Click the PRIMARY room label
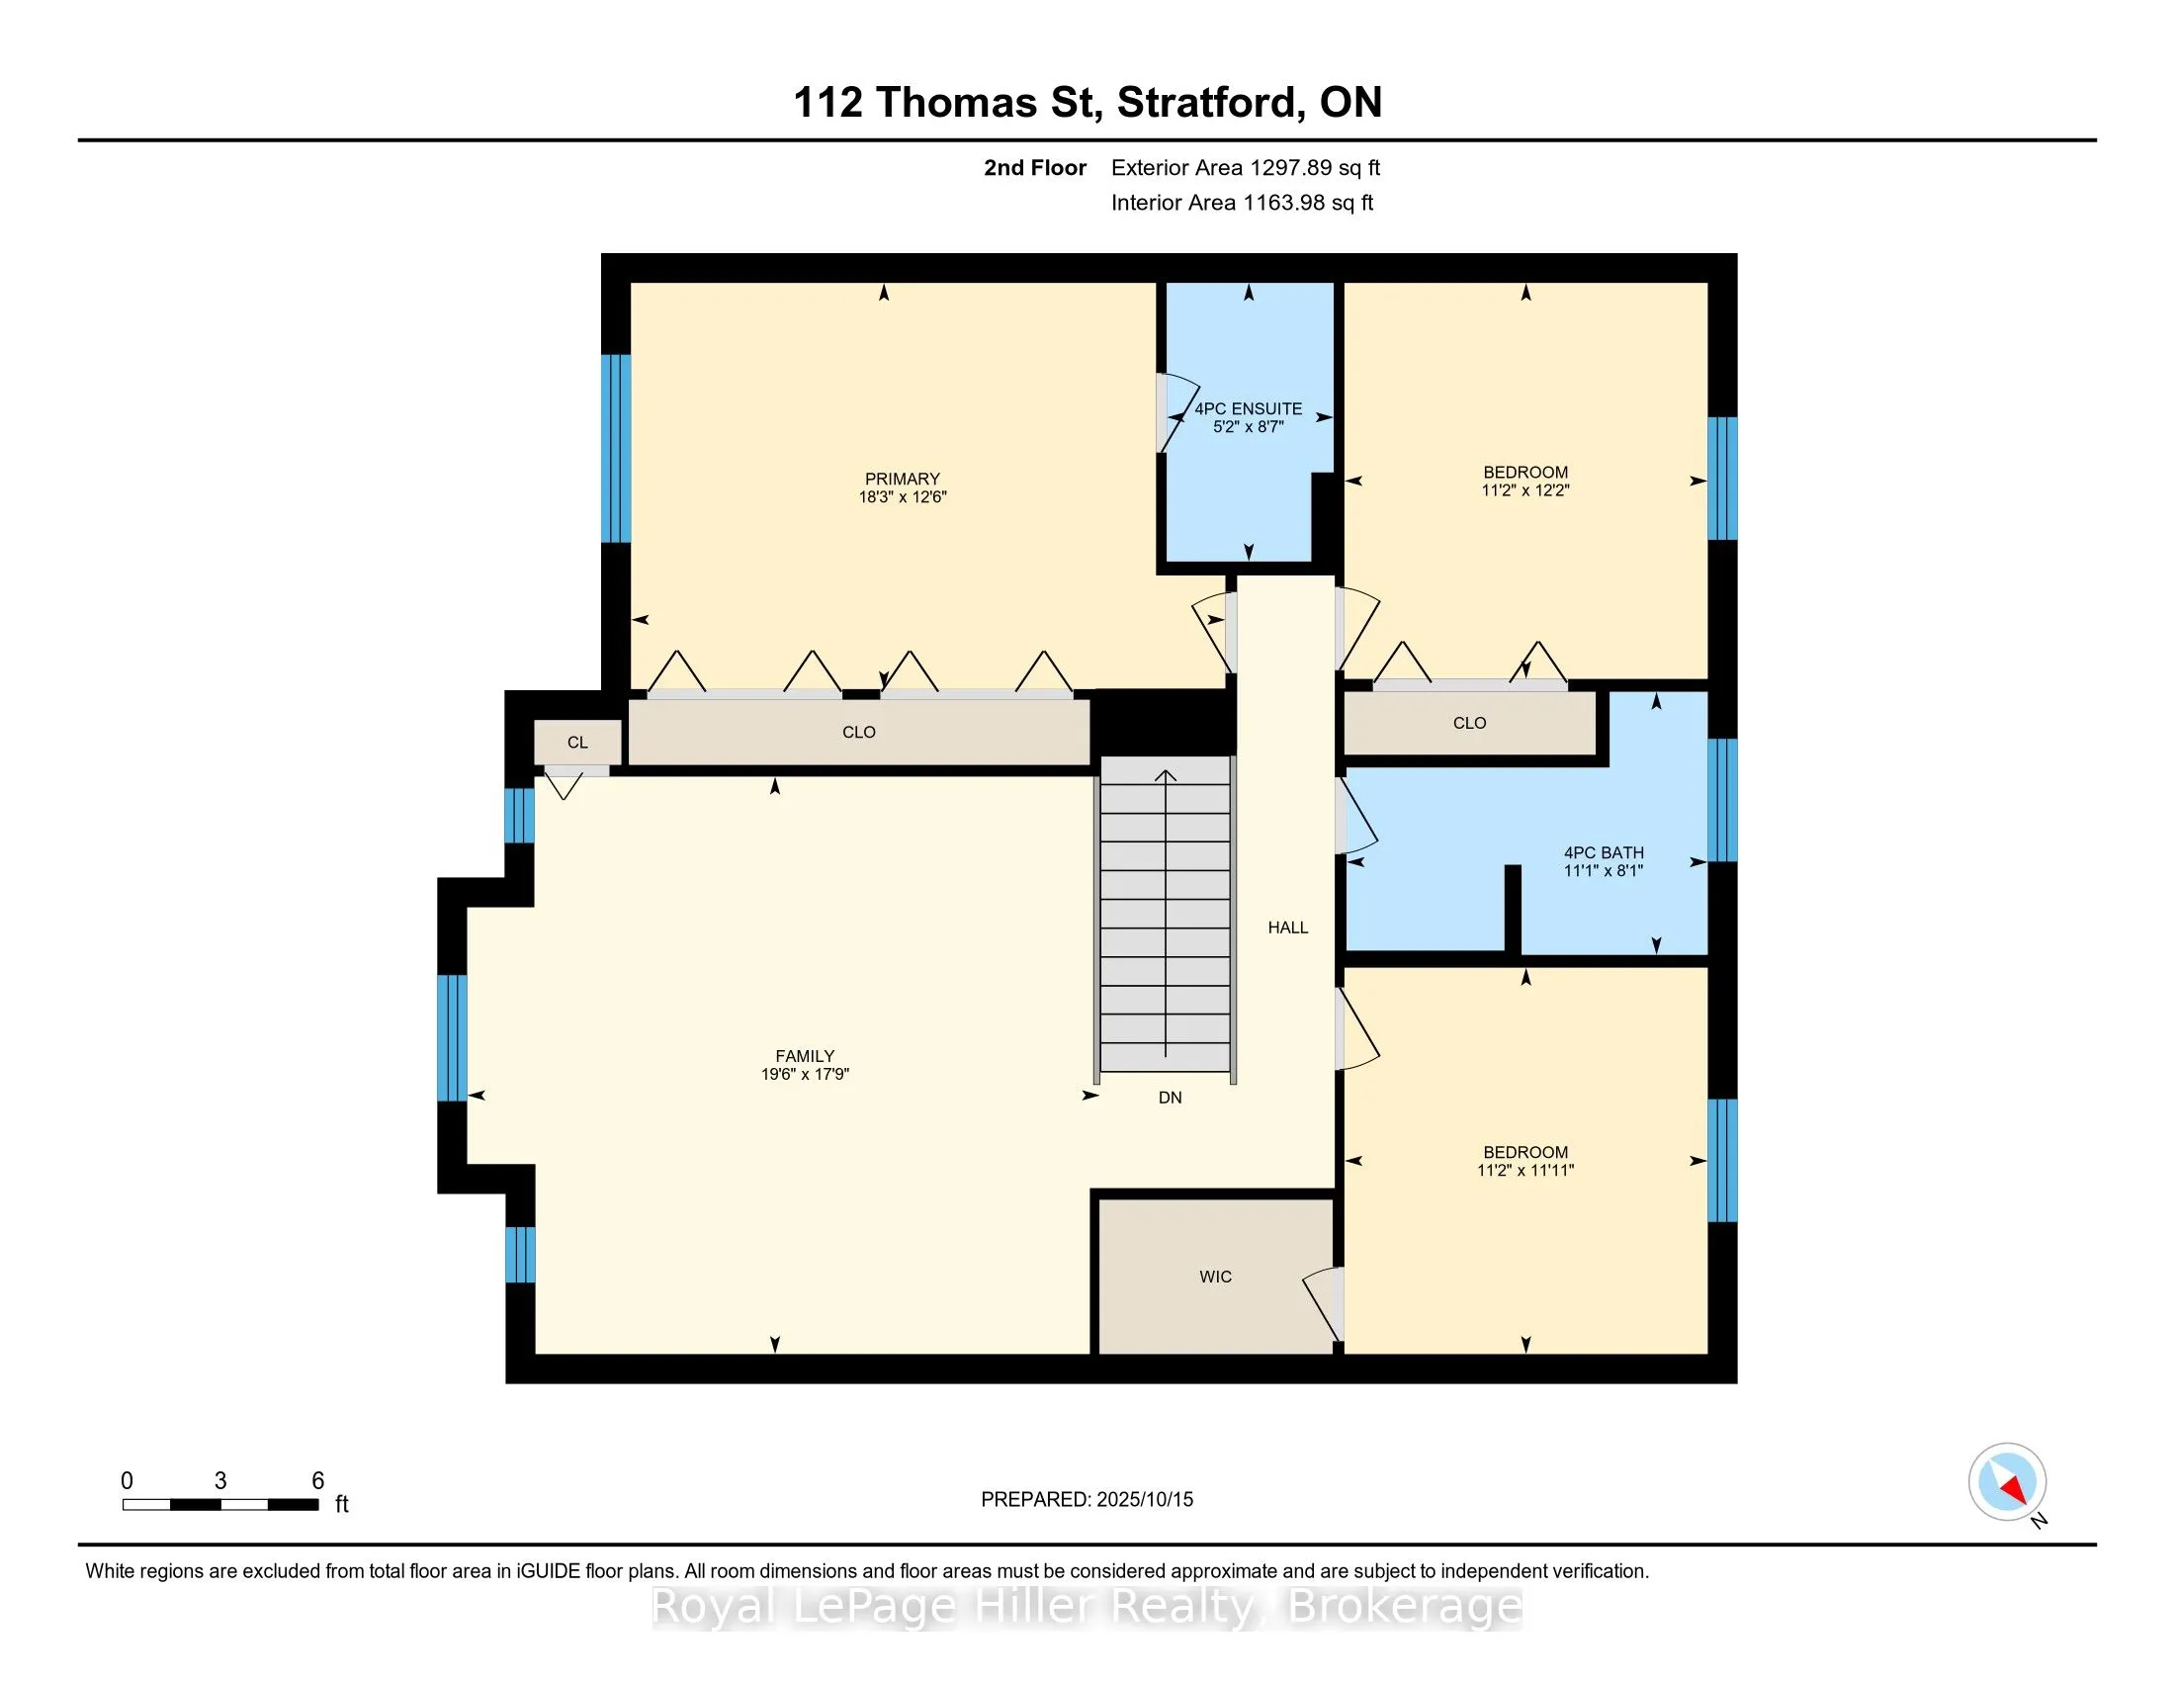903,479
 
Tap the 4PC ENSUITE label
1248,408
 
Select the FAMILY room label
805,1057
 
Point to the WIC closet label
1215,1277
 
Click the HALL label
1287,928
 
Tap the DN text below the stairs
1171,1098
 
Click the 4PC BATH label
1604,852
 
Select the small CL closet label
577,742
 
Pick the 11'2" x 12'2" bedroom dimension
1524,489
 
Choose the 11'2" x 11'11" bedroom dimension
1524,1170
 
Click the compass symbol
2007,1482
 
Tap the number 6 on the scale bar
317,1481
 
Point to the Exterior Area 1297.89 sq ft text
1246,167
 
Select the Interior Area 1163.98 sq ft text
1242,202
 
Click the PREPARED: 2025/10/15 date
1087,1500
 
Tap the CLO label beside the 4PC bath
1469,723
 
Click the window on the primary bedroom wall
617,448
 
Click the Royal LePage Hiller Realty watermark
1087,1606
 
